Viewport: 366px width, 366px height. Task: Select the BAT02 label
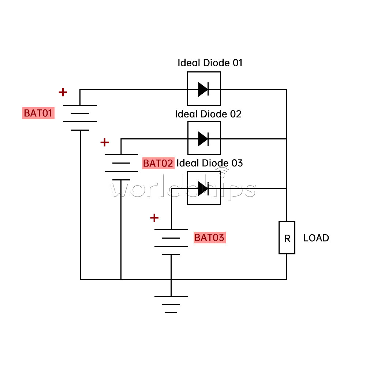pyautogui.click(x=158, y=163)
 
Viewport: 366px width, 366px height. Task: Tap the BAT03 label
pyautogui.click(x=209, y=238)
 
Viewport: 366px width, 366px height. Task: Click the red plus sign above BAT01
pyautogui.click(x=63, y=92)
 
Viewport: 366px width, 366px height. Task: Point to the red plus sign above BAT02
pyautogui.click(x=104, y=142)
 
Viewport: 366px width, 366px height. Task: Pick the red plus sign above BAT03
pyautogui.click(x=154, y=218)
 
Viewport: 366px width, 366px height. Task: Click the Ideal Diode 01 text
pyautogui.click(x=210, y=63)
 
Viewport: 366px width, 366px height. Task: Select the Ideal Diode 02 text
pyautogui.click(x=208, y=114)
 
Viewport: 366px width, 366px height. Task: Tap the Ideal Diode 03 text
pyautogui.click(x=210, y=163)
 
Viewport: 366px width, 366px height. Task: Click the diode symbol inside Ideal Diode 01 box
pyautogui.click(x=203, y=89)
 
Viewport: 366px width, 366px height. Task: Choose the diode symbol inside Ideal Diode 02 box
pyautogui.click(x=203, y=139)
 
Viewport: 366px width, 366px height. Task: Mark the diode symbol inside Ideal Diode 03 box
pyautogui.click(x=203, y=188)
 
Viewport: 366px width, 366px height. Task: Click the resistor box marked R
pyautogui.click(x=287, y=238)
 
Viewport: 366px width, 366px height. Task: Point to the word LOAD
pyautogui.click(x=316, y=238)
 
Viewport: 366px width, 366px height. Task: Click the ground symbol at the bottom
pyautogui.click(x=171, y=304)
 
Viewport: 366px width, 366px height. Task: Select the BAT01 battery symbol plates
pyautogui.click(x=80, y=117)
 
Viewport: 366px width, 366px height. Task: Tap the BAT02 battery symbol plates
pyautogui.click(x=121, y=167)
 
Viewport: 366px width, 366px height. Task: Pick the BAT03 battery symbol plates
pyautogui.click(x=171, y=242)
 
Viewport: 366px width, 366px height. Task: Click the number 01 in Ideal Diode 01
pyautogui.click(x=238, y=63)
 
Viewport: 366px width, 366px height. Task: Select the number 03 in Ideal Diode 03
pyautogui.click(x=238, y=163)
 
